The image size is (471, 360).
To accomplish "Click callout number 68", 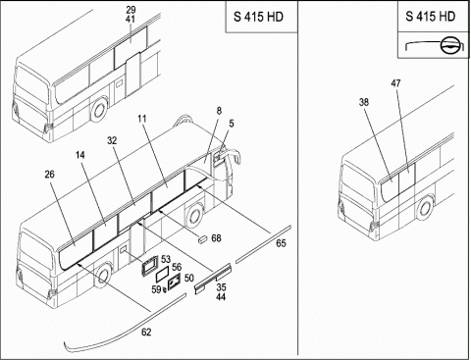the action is pos(216,238).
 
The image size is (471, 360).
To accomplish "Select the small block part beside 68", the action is pos(202,239).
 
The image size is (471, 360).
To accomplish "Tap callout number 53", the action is pos(166,259).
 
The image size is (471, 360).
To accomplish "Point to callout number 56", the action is pos(177,267).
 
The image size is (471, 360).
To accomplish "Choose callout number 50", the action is pos(189,279).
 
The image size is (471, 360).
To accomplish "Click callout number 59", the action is pos(156,289).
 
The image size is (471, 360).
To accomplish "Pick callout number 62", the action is pos(146,333).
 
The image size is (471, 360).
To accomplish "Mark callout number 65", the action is pos(281,243).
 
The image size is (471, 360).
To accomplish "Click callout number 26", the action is pos(49,175).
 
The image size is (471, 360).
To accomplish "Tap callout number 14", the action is pos(80,155).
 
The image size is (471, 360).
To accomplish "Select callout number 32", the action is pos(112,140).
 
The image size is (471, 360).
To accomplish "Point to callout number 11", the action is pos(142,119).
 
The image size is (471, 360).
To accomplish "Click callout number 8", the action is pos(219,111).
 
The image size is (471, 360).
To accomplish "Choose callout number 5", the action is pos(232,124).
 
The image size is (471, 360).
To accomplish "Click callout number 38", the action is pos(364,102).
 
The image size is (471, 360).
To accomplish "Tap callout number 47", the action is pos(395,83).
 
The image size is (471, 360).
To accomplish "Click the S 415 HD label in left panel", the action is pos(258,17).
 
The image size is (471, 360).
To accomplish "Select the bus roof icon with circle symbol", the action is pos(434,45).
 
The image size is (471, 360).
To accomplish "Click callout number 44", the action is pos(221,297).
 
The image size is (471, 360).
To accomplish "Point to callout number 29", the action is pos(131,10).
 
